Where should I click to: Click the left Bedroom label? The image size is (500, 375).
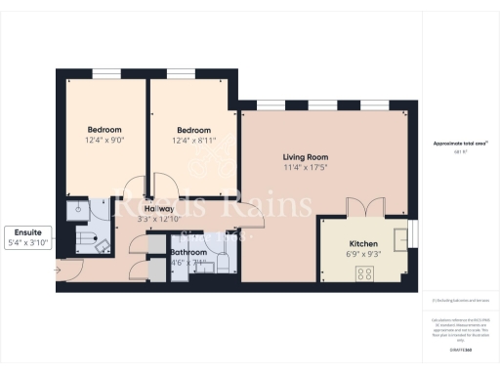coord(104,130)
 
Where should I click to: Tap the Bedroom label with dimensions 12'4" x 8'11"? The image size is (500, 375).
coord(194,130)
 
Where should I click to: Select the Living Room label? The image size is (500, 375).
coord(306,157)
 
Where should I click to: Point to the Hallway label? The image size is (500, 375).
coord(159,209)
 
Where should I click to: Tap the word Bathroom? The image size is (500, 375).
coord(188,252)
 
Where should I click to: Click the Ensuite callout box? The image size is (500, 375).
coord(26,236)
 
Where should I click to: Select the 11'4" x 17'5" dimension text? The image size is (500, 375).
coord(306,168)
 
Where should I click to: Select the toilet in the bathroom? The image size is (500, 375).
coord(223,261)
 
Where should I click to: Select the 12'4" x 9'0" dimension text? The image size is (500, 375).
coord(104,141)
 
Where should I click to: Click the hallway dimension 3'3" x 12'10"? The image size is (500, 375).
coord(159,219)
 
